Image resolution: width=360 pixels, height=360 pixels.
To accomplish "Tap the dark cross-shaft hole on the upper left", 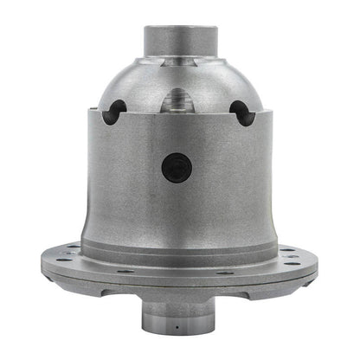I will [x=114, y=111].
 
